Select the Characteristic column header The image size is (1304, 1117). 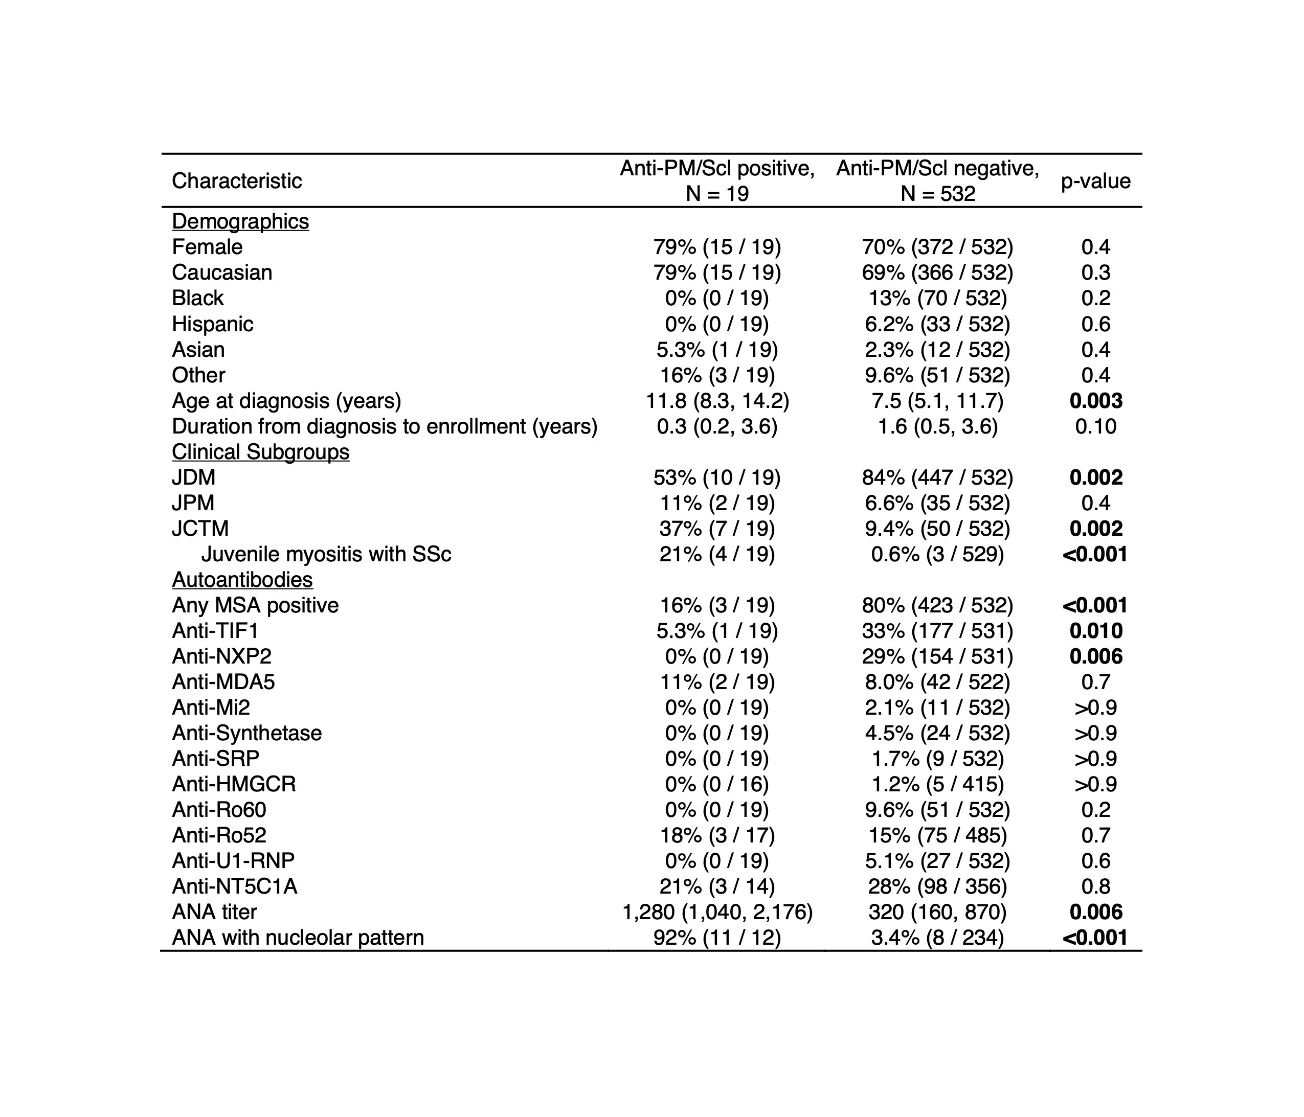[237, 181]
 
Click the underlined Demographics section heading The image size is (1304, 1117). [240, 221]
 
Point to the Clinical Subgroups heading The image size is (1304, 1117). [261, 452]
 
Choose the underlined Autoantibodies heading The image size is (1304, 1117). [242, 580]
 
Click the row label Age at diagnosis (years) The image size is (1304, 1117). [286, 401]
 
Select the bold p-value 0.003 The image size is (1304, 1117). [1096, 401]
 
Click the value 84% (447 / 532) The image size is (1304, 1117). [937, 477]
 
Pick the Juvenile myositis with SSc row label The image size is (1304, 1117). [326, 554]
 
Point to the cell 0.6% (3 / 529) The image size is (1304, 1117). [937, 554]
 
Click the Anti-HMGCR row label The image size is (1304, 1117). [234, 784]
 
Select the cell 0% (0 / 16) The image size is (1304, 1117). [717, 784]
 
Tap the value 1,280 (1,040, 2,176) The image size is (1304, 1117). [717, 912]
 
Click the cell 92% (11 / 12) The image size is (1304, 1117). [717, 938]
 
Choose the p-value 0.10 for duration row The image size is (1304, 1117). [1096, 427]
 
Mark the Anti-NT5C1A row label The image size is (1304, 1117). [235, 886]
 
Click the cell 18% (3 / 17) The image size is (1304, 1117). [717, 835]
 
